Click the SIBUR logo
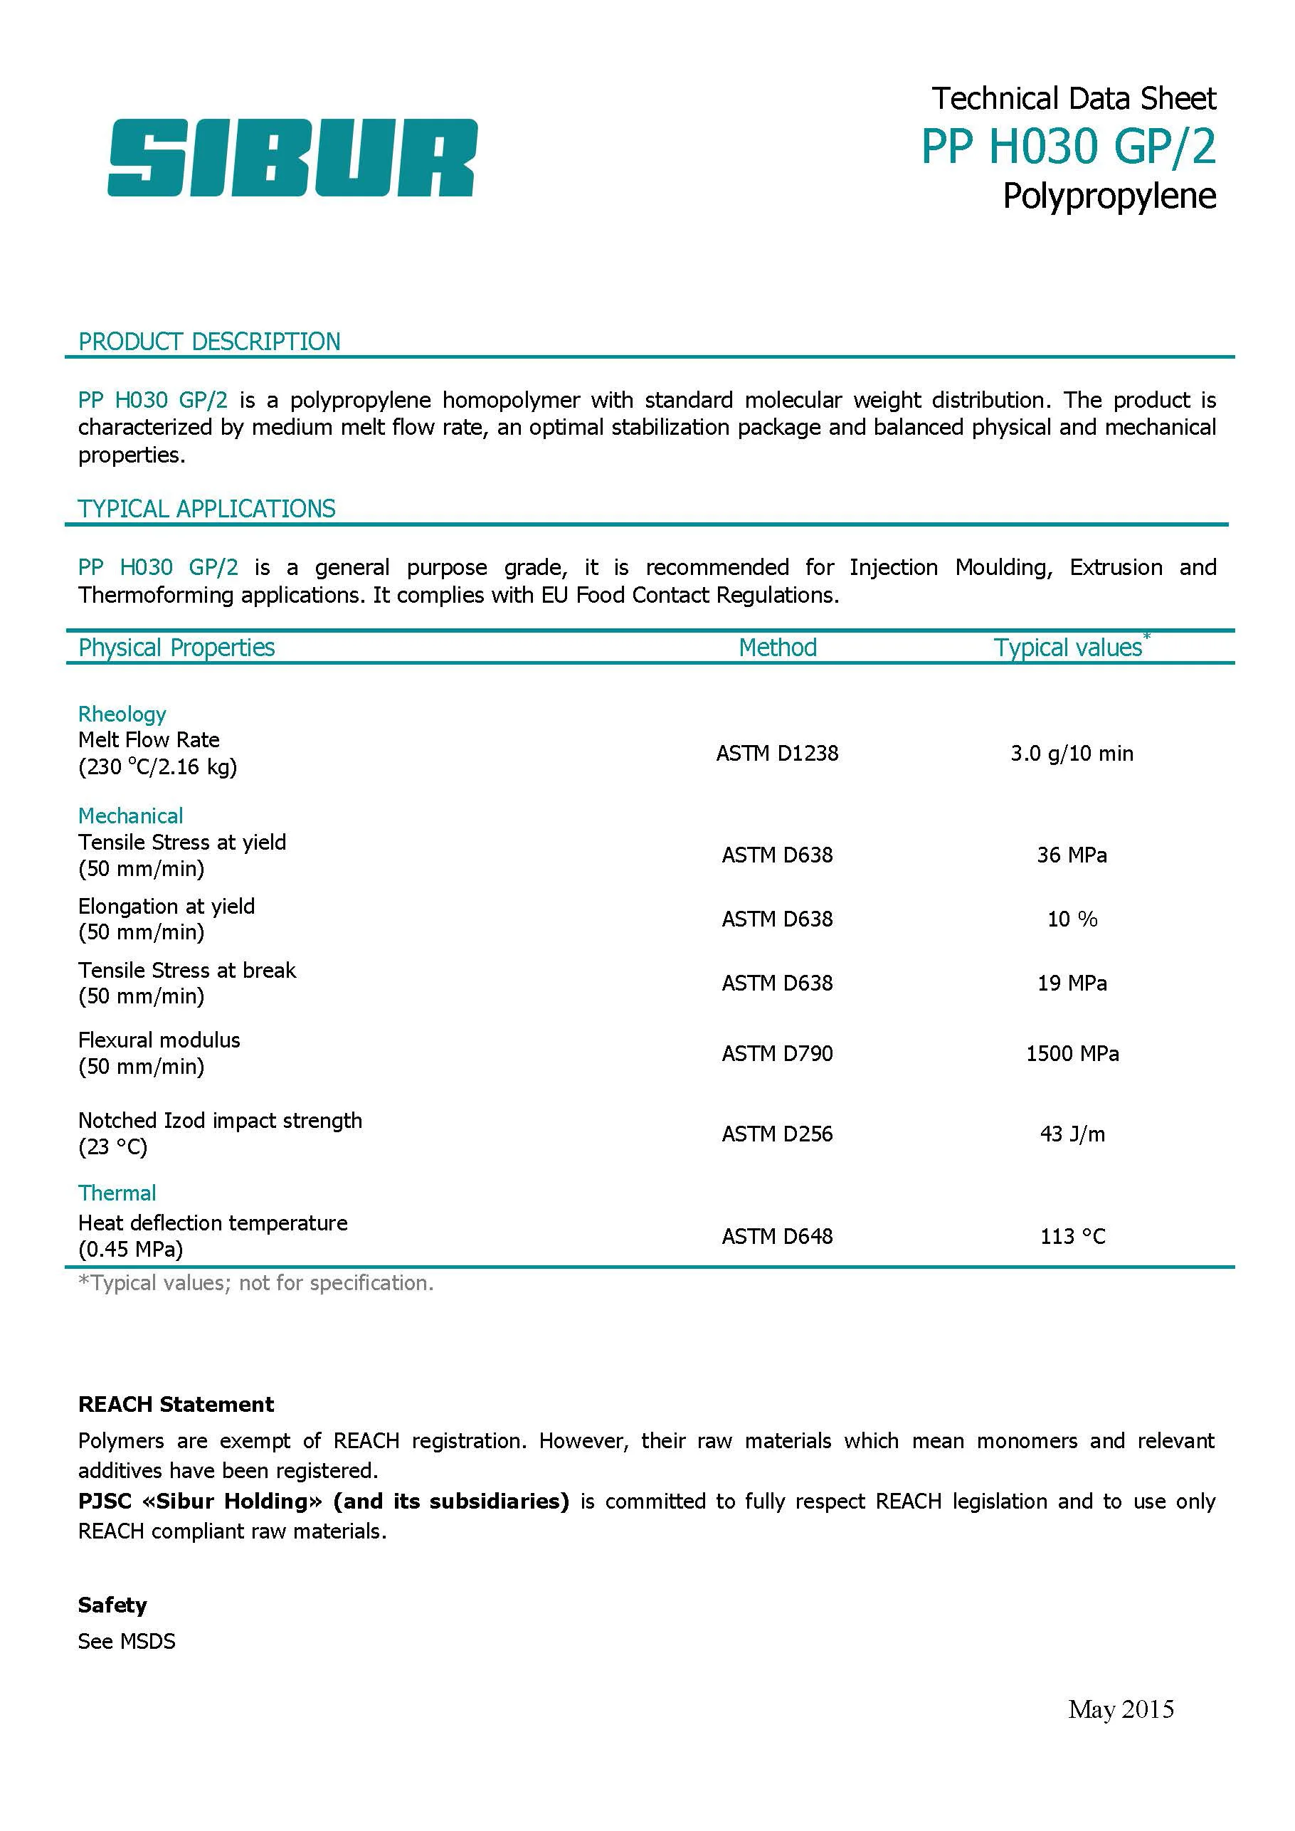pos(292,157)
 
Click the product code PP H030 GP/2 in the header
pos(1069,147)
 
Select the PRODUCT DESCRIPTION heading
pos(209,342)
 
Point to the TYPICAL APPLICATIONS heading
pos(206,509)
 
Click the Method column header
pos(778,648)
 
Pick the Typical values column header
pos(1069,648)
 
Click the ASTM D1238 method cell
pos(778,754)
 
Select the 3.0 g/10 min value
pos(1072,754)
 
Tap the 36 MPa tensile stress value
pos(1072,855)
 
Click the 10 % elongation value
pos(1072,919)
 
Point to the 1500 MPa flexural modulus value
pos(1072,1053)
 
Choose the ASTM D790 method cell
pos(778,1053)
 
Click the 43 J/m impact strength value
pos(1072,1134)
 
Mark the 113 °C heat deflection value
pos(1072,1236)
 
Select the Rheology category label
pos(122,714)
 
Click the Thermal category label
pos(117,1193)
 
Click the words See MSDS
pos(127,1641)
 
